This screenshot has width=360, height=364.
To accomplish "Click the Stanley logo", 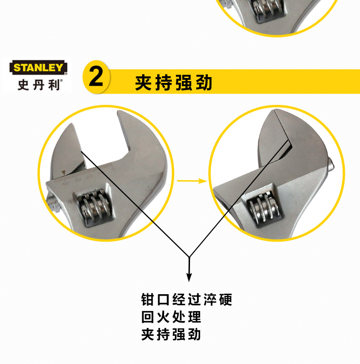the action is (x=38, y=68).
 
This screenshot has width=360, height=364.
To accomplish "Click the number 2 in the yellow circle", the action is (x=96, y=76).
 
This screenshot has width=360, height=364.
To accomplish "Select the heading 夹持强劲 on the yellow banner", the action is (x=174, y=83).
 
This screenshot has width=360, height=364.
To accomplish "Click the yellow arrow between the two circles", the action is (x=192, y=181).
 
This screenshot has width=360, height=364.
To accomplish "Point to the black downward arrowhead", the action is (x=189, y=277).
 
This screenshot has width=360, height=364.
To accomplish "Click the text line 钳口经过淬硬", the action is (x=187, y=300).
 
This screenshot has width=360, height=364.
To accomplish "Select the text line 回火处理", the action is (x=171, y=317).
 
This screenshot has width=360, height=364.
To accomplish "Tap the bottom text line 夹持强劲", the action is (x=171, y=334).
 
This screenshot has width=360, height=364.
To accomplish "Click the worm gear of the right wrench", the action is (x=264, y=207).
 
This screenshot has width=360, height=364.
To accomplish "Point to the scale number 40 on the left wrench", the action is (x=65, y=183).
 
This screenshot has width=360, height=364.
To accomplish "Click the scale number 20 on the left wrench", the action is (x=89, y=177).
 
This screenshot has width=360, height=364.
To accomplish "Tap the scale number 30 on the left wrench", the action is (x=78, y=180).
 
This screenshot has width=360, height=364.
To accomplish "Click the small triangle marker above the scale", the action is (x=63, y=172).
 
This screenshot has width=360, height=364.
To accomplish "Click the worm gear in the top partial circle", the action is (x=269, y=10).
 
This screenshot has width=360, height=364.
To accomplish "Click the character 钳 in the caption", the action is (x=148, y=300).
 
